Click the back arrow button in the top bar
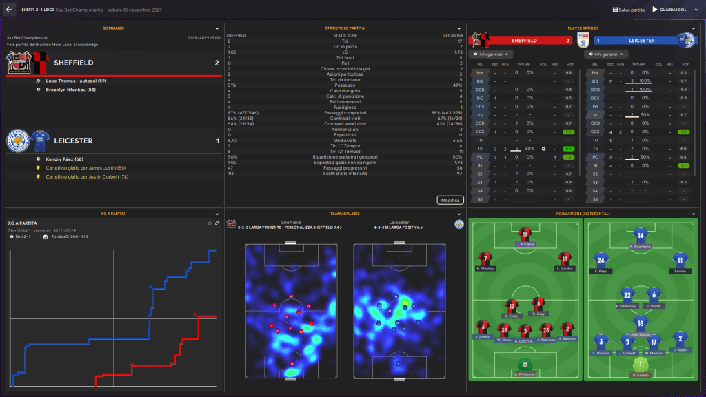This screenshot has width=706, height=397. (x=9, y=10)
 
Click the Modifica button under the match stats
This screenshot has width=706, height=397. (x=450, y=200)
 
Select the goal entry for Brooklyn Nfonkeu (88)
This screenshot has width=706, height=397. (x=70, y=90)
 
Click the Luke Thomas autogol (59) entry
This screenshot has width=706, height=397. (x=74, y=81)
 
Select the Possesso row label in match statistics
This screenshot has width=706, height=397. (x=345, y=85)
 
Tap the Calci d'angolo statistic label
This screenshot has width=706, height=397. (x=345, y=90)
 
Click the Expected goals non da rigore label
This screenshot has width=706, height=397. (x=345, y=163)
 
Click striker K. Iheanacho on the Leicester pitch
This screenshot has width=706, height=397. (x=641, y=237)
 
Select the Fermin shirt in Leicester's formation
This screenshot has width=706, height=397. (x=680, y=262)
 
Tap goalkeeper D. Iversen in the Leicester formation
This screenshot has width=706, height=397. (x=641, y=366)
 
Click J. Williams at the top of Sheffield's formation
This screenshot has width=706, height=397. (x=526, y=237)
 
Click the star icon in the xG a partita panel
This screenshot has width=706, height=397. (x=210, y=223)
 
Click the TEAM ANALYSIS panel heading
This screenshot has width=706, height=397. (x=345, y=214)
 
